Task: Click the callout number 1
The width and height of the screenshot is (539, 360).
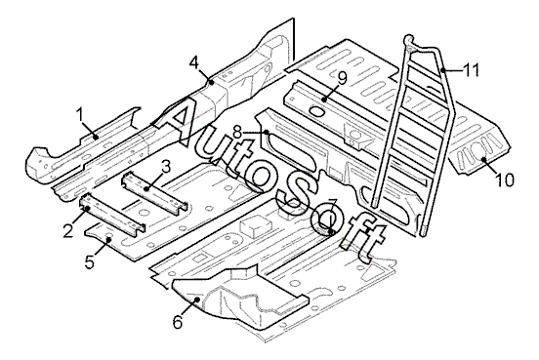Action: click(x=80, y=114)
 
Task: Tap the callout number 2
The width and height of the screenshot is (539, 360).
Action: click(x=68, y=229)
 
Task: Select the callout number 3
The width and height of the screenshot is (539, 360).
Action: click(x=165, y=167)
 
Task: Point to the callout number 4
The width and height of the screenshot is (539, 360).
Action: click(x=194, y=62)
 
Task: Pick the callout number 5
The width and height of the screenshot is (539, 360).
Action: click(x=90, y=262)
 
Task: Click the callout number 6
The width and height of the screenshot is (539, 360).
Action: click(x=178, y=322)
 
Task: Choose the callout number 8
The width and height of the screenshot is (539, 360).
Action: click(x=238, y=132)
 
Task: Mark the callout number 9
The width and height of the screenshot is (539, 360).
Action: click(x=342, y=78)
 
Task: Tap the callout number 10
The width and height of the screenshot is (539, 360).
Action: click(x=505, y=180)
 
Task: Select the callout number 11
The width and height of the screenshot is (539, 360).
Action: click(x=471, y=70)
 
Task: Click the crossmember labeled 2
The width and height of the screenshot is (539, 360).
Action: click(x=112, y=215)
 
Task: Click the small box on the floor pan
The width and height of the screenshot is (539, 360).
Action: click(x=256, y=226)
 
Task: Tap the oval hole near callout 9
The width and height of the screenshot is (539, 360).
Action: click(x=317, y=111)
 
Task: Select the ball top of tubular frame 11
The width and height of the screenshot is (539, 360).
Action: click(x=409, y=38)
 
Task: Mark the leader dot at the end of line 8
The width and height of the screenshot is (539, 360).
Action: click(x=267, y=132)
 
